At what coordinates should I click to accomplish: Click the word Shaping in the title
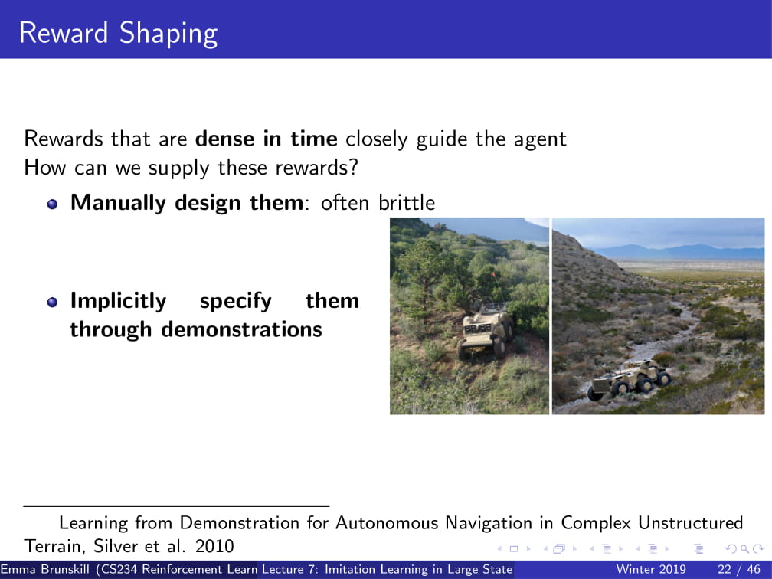point(168,34)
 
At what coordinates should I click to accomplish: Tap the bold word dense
point(225,139)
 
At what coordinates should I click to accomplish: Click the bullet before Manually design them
point(53,204)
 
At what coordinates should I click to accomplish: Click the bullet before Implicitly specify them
point(53,302)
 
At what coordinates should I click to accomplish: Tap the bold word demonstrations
point(242,329)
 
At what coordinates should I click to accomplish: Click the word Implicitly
point(118,301)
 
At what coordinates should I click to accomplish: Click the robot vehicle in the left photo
point(486,329)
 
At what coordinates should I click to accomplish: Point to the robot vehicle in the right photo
point(629,379)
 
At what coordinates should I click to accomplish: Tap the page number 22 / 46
point(739,569)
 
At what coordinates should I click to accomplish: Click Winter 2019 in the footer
point(651,569)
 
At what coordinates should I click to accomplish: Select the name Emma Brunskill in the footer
point(44,569)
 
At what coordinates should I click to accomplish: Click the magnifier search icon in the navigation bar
point(744,548)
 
